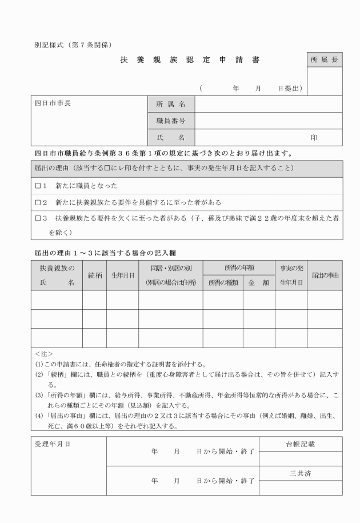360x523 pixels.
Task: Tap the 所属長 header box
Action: (325, 59)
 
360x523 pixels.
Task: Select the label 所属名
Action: (171, 105)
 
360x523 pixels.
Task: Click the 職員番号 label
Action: (171, 121)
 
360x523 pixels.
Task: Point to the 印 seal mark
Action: (314, 138)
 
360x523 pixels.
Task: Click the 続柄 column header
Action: (94, 275)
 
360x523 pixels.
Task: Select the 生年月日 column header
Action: (122, 275)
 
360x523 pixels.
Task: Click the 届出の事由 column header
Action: (325, 275)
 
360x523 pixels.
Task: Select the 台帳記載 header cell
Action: (301, 444)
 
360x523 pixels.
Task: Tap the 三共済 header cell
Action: (301, 473)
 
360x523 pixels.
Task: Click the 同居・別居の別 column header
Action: (171, 268)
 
